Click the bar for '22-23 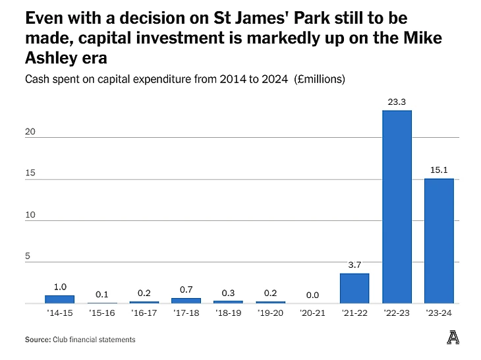point(397,206)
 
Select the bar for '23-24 point(439,241)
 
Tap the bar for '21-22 point(354,288)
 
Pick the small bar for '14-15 point(59,299)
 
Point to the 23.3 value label point(397,102)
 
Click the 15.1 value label point(439,171)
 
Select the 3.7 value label point(354,265)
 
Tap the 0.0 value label point(312,295)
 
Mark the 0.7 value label point(186,289)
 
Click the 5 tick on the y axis point(28,256)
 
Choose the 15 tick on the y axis point(30,173)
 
